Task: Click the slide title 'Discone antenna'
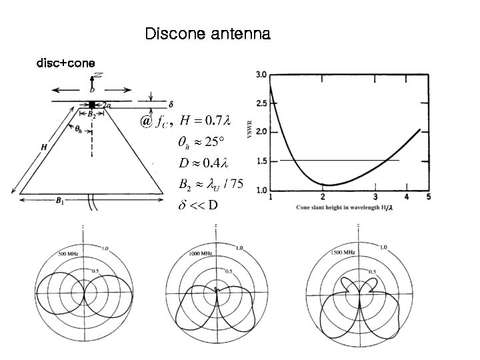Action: point(207,34)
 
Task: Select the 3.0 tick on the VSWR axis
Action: point(261,74)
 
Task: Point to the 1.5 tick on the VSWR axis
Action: point(261,161)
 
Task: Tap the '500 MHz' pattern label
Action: point(69,254)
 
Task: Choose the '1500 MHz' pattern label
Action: point(343,253)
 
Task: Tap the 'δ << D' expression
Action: point(197,204)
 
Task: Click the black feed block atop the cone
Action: point(93,105)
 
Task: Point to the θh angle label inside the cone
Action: point(79,129)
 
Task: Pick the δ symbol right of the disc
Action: point(171,105)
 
